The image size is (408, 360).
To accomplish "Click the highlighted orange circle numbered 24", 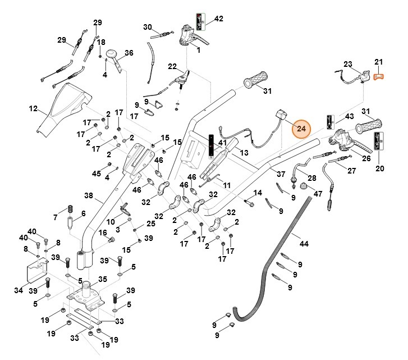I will pos(301,129).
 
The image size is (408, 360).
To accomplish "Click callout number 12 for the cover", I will pos(33,108).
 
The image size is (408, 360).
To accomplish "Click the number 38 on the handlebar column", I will pos(88,196).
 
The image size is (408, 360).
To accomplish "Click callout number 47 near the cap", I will pos(318,194).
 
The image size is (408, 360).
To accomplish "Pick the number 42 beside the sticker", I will pos(218,19).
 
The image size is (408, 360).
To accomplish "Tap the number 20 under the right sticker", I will pos(380,168).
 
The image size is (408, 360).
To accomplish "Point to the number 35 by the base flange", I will pos(103,279).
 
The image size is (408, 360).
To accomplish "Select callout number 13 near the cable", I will pos(243,152).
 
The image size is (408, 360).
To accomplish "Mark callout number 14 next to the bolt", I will pos(258,193).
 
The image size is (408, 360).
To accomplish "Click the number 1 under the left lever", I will pos(198,50).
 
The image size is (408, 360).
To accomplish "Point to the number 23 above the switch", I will pos(347,64).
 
